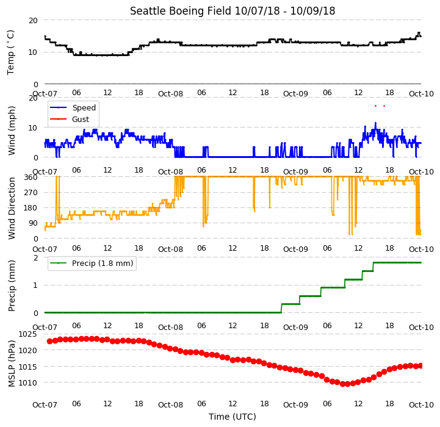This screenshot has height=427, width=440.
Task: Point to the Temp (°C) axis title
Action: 10,52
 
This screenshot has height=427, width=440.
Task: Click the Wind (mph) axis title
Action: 12,131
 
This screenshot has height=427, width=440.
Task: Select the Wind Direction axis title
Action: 12,208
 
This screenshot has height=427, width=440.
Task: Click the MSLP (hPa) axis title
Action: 12,364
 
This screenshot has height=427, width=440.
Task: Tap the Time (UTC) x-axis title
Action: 233,417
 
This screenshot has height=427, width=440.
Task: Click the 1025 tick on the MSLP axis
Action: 27,334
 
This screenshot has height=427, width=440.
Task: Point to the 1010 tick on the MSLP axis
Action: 27,382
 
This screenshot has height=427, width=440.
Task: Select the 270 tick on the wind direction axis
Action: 31,193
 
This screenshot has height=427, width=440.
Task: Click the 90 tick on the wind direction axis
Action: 33,223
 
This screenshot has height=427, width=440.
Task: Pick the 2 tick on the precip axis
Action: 35,257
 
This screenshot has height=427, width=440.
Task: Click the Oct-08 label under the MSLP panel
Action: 170,405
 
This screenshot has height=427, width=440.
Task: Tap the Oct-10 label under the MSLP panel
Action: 421,405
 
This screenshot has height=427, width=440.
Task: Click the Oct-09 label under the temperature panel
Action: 295,94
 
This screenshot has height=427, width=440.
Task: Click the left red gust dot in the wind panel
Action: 375,106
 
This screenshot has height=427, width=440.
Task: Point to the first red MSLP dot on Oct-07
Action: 49,341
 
